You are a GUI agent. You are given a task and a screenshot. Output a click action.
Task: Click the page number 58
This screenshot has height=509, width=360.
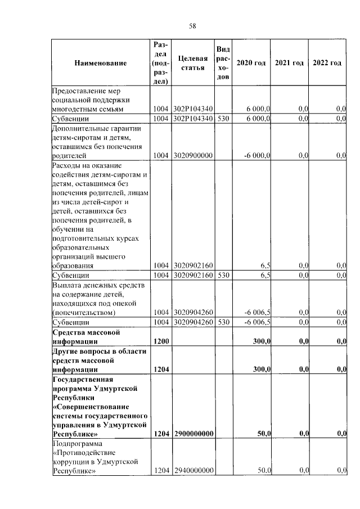pyautogui.click(x=192, y=26)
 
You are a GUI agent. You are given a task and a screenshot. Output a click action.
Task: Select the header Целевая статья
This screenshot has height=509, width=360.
pyautogui.click(x=193, y=63)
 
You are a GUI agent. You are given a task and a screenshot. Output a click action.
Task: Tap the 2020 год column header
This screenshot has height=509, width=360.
pyautogui.click(x=251, y=63)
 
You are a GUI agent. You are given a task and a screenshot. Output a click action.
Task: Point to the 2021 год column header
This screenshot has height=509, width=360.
pyautogui.click(x=289, y=63)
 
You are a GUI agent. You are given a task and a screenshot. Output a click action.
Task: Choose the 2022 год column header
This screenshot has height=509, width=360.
pyautogui.click(x=327, y=63)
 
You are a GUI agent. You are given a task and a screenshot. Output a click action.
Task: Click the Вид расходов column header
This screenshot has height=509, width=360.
pyautogui.click(x=223, y=63)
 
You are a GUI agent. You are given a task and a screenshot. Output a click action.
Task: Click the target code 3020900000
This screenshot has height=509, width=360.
pyautogui.click(x=193, y=155)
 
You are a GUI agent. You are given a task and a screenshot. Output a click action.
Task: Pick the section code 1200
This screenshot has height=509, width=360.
pyautogui.click(x=161, y=341)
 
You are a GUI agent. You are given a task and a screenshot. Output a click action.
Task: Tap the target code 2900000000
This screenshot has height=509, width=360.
pyautogui.click(x=193, y=434)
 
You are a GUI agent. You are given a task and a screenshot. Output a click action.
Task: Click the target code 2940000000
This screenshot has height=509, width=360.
pyautogui.click(x=193, y=470)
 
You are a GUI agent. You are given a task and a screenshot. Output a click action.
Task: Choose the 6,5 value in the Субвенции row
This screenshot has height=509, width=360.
pyautogui.click(x=266, y=276)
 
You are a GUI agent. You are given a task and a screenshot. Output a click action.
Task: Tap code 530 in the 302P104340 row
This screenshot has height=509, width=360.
pyautogui.click(x=223, y=118)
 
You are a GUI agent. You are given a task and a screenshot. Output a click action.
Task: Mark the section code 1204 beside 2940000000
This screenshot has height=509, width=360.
pyautogui.click(x=161, y=470)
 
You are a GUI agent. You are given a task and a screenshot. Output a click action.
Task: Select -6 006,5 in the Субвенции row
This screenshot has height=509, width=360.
pyautogui.click(x=257, y=322)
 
